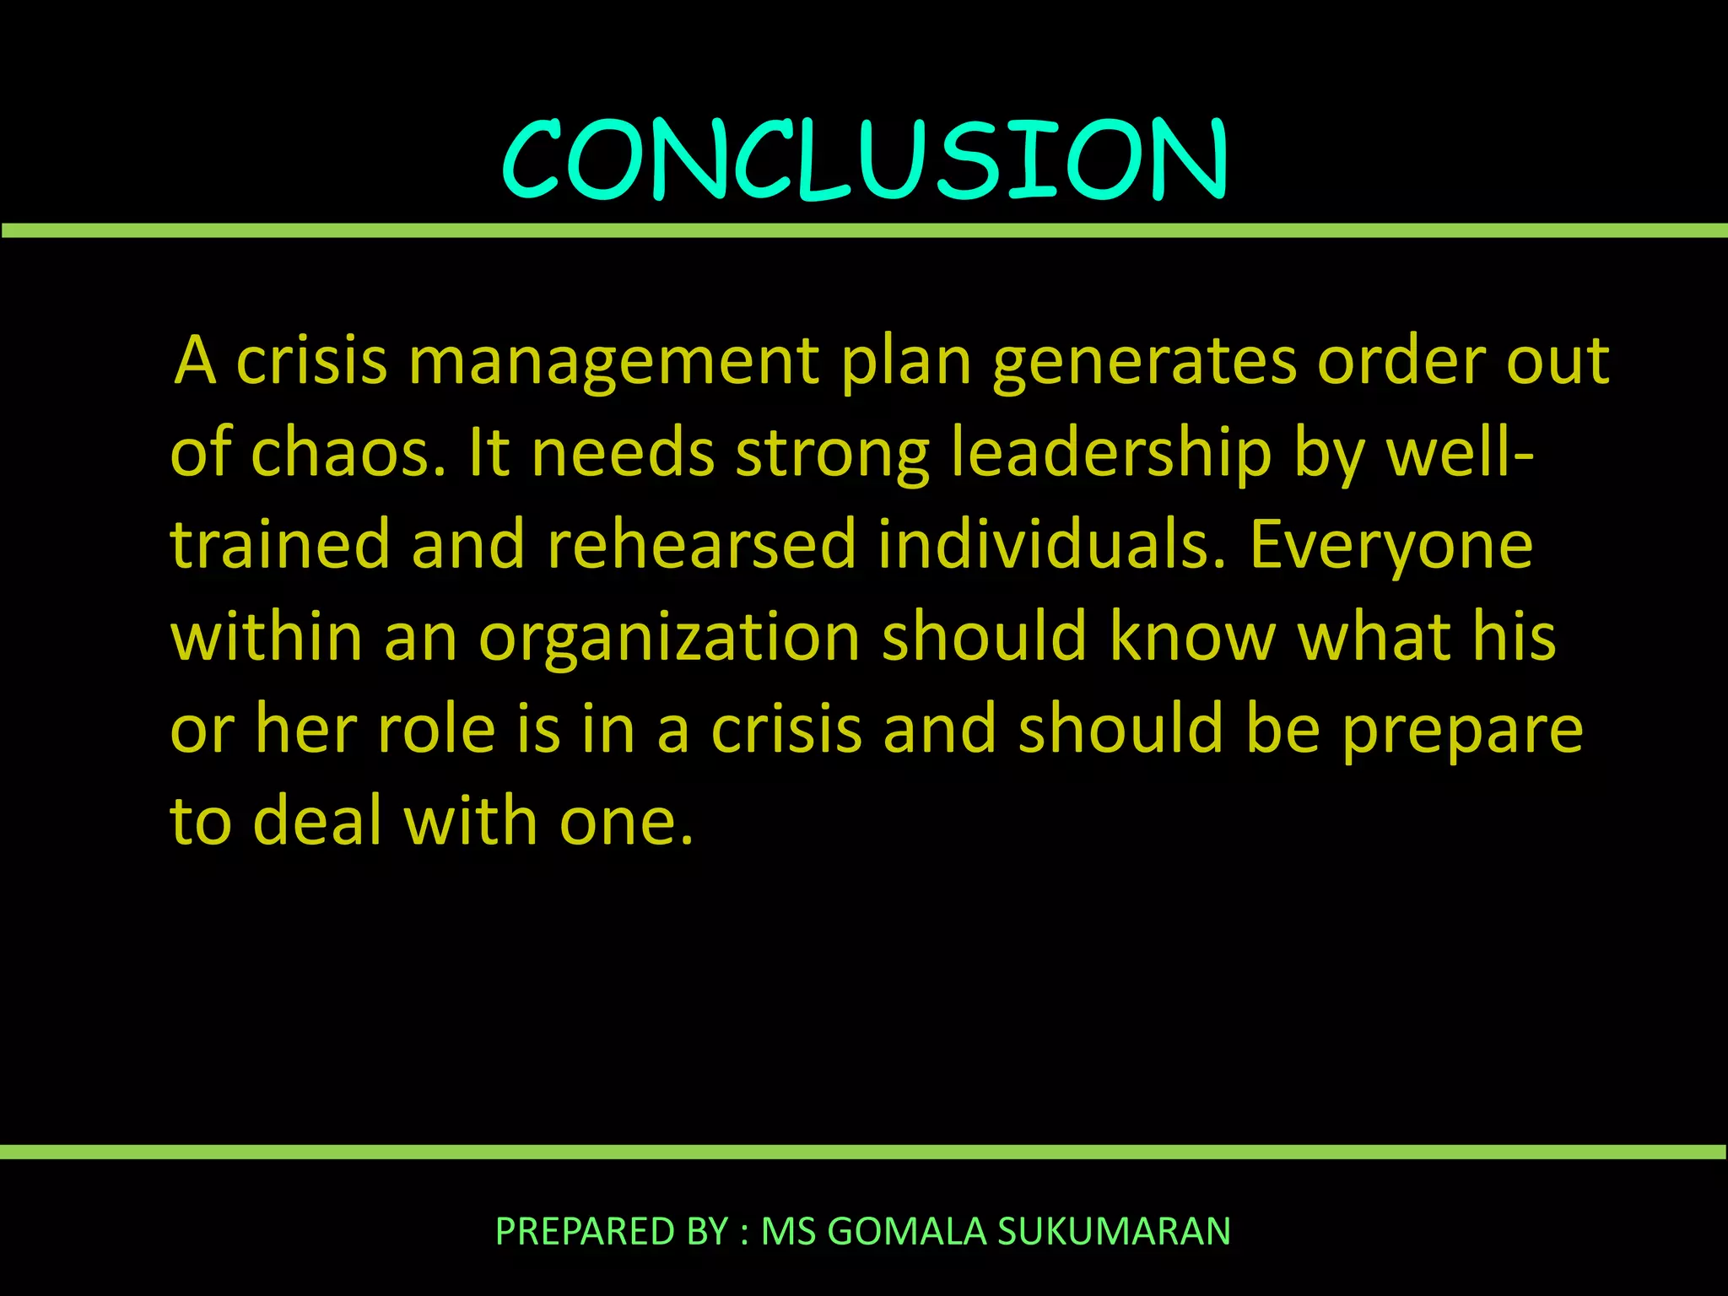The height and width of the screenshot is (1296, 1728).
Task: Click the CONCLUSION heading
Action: point(864,160)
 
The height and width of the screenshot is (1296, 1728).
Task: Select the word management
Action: point(613,361)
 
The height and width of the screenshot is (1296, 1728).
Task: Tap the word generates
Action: point(1144,361)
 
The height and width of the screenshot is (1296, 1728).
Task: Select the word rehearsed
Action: point(702,544)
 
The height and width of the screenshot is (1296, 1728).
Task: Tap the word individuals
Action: point(1051,544)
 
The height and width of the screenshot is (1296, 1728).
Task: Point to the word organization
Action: point(669,637)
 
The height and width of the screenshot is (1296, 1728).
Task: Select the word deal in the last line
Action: point(317,820)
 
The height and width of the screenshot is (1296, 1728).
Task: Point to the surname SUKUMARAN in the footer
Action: point(1114,1231)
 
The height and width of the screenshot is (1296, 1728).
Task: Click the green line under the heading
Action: point(864,230)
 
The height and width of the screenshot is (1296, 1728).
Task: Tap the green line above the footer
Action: point(864,1152)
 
